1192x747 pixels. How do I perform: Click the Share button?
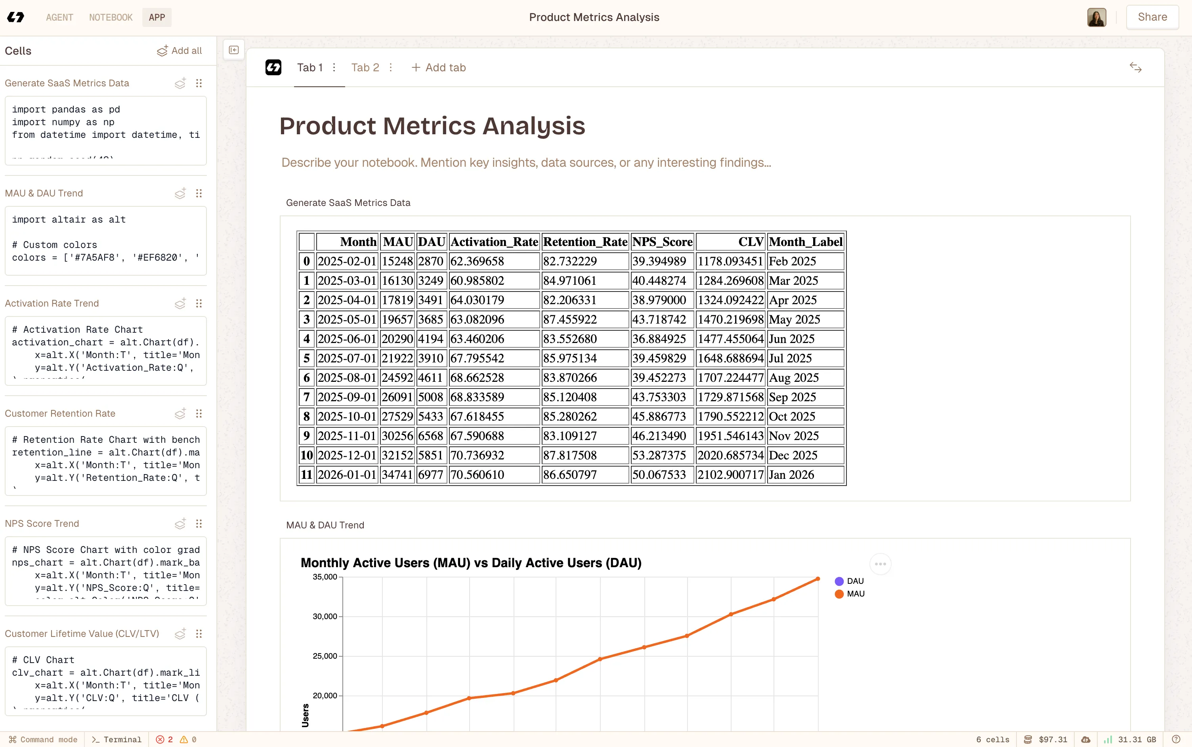click(x=1152, y=17)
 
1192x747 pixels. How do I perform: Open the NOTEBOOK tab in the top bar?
click(x=111, y=17)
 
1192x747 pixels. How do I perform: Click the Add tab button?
click(x=438, y=68)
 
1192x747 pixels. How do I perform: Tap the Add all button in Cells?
click(x=180, y=51)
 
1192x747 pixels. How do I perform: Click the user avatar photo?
click(x=1096, y=17)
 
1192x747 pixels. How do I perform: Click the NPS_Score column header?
click(x=662, y=242)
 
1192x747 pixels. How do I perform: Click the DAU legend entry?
click(x=854, y=581)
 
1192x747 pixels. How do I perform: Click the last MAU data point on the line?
click(x=818, y=579)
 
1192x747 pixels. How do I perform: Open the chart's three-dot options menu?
click(x=880, y=564)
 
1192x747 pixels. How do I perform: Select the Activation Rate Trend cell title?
click(x=52, y=303)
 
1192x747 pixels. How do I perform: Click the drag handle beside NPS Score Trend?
click(x=199, y=524)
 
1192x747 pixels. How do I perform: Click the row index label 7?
click(x=306, y=397)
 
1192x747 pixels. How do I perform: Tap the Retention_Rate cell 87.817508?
click(x=569, y=455)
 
